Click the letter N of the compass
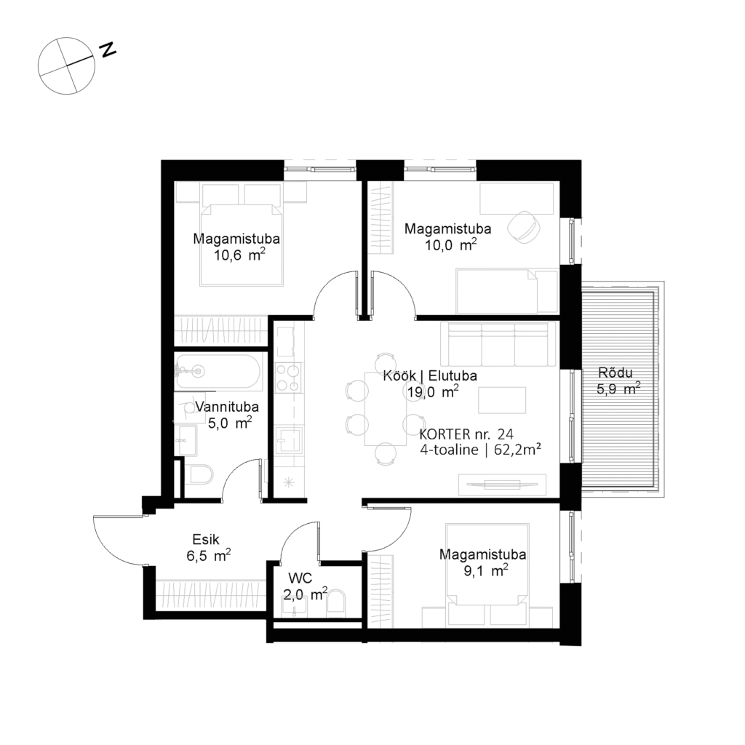[108, 49]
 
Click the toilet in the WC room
[336, 604]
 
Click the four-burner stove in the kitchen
[289, 377]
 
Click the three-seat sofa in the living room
[498, 345]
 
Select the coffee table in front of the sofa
[501, 401]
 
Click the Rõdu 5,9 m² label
[618, 383]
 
